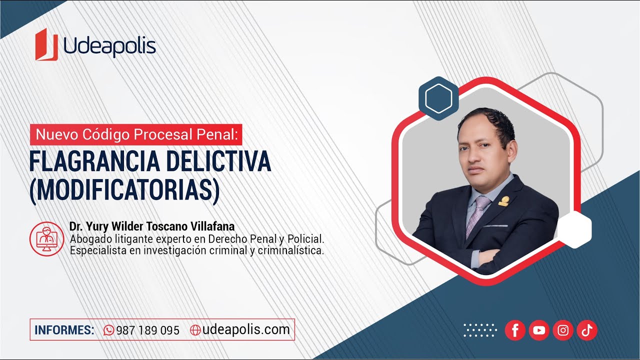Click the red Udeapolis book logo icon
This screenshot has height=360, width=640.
pos(46,44)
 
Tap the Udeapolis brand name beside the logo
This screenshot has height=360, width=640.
pos(109,46)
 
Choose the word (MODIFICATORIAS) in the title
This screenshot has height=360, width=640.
pos(124,190)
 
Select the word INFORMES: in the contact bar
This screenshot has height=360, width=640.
pos(64,330)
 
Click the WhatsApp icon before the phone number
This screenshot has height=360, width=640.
pos(108,330)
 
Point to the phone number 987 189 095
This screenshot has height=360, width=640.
pos(147,330)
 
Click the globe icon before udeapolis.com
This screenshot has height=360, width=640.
pos(195,330)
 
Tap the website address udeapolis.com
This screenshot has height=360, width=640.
pos(246,329)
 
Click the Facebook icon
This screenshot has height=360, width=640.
pos(515,330)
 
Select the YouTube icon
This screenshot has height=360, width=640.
pos(539,330)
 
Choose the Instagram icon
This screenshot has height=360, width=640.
pos(563,330)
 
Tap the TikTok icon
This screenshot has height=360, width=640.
pos(587,330)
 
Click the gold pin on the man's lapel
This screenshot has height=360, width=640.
pos(503,201)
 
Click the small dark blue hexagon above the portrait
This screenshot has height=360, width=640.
pos(438,98)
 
